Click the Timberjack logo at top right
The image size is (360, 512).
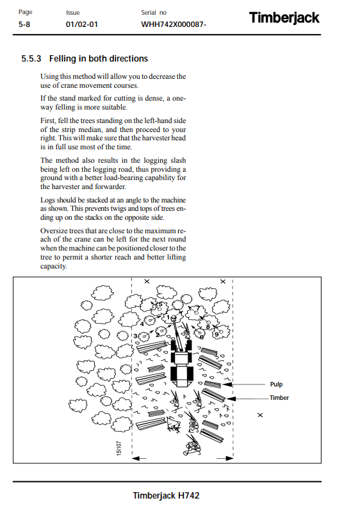pyautogui.click(x=284, y=18)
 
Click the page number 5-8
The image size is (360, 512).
pyautogui.click(x=24, y=24)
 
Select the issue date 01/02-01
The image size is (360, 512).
pyautogui.click(x=81, y=24)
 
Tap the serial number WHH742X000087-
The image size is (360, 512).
pyautogui.click(x=174, y=24)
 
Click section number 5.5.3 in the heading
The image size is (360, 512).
pyautogui.click(x=31, y=58)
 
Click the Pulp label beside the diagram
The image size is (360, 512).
pyautogui.click(x=276, y=384)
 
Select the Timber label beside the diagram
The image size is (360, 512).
pyautogui.click(x=279, y=398)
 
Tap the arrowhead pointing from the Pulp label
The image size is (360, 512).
pyautogui.click(x=227, y=384)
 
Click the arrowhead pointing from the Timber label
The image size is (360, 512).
pyautogui.click(x=231, y=399)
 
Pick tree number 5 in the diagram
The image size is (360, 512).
pyautogui.click(x=160, y=304)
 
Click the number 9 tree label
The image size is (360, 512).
pyautogui.click(x=217, y=334)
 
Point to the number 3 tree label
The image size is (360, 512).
pyautogui.click(x=135, y=336)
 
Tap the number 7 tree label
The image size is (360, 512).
pyautogui.click(x=198, y=308)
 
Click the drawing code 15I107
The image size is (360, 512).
pyautogui.click(x=119, y=448)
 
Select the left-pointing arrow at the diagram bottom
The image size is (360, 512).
pyautogui.click(x=140, y=458)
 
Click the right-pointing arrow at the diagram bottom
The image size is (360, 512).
pyautogui.click(x=225, y=458)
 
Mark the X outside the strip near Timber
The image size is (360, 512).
pyautogui.click(x=260, y=415)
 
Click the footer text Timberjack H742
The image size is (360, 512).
pyautogui.click(x=166, y=495)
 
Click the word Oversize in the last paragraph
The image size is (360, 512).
pyautogui.click(x=52, y=231)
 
